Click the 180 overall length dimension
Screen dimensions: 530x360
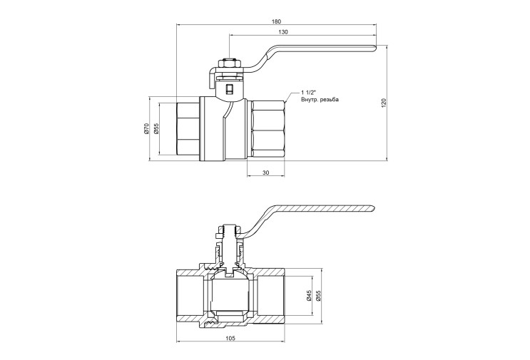(x=276, y=21)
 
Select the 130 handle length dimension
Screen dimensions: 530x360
(x=284, y=32)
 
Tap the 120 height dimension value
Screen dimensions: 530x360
(x=383, y=103)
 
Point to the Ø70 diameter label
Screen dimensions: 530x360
(x=146, y=128)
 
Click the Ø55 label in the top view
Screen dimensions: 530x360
(x=156, y=128)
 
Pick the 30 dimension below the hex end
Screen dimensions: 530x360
(x=266, y=173)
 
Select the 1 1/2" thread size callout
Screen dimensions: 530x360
(x=308, y=93)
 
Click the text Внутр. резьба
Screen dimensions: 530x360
(x=320, y=100)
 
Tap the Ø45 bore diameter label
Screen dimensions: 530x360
(x=308, y=295)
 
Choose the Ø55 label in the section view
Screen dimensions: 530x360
(x=317, y=295)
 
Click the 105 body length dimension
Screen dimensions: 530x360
(x=230, y=338)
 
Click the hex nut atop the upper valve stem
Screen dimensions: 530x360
(x=229, y=63)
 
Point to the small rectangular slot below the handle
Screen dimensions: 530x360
(x=230, y=89)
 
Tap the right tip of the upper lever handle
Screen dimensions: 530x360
(x=376, y=48)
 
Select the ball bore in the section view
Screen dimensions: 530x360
(x=231, y=292)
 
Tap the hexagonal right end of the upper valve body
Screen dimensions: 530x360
(x=266, y=128)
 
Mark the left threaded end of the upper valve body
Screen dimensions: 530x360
(x=188, y=128)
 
